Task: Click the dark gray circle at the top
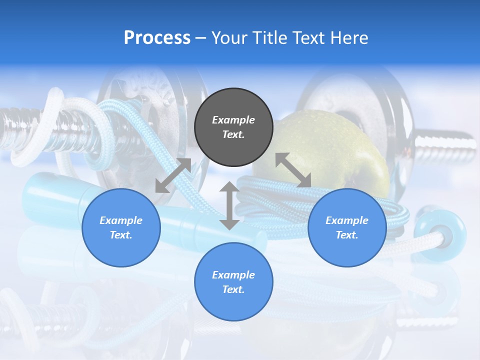tap(233, 127)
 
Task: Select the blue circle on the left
tap(121, 227)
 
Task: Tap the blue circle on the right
tap(347, 227)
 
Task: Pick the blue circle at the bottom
tap(233, 281)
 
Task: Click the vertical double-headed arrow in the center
tap(229, 205)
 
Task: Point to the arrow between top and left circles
tap(173, 175)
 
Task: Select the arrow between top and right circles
tap(293, 170)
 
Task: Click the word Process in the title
tap(157, 37)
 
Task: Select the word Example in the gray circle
tap(233, 120)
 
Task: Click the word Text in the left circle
tap(121, 235)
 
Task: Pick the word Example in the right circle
tap(347, 220)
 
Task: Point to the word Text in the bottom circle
tap(233, 289)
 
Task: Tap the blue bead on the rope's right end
tap(439, 232)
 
